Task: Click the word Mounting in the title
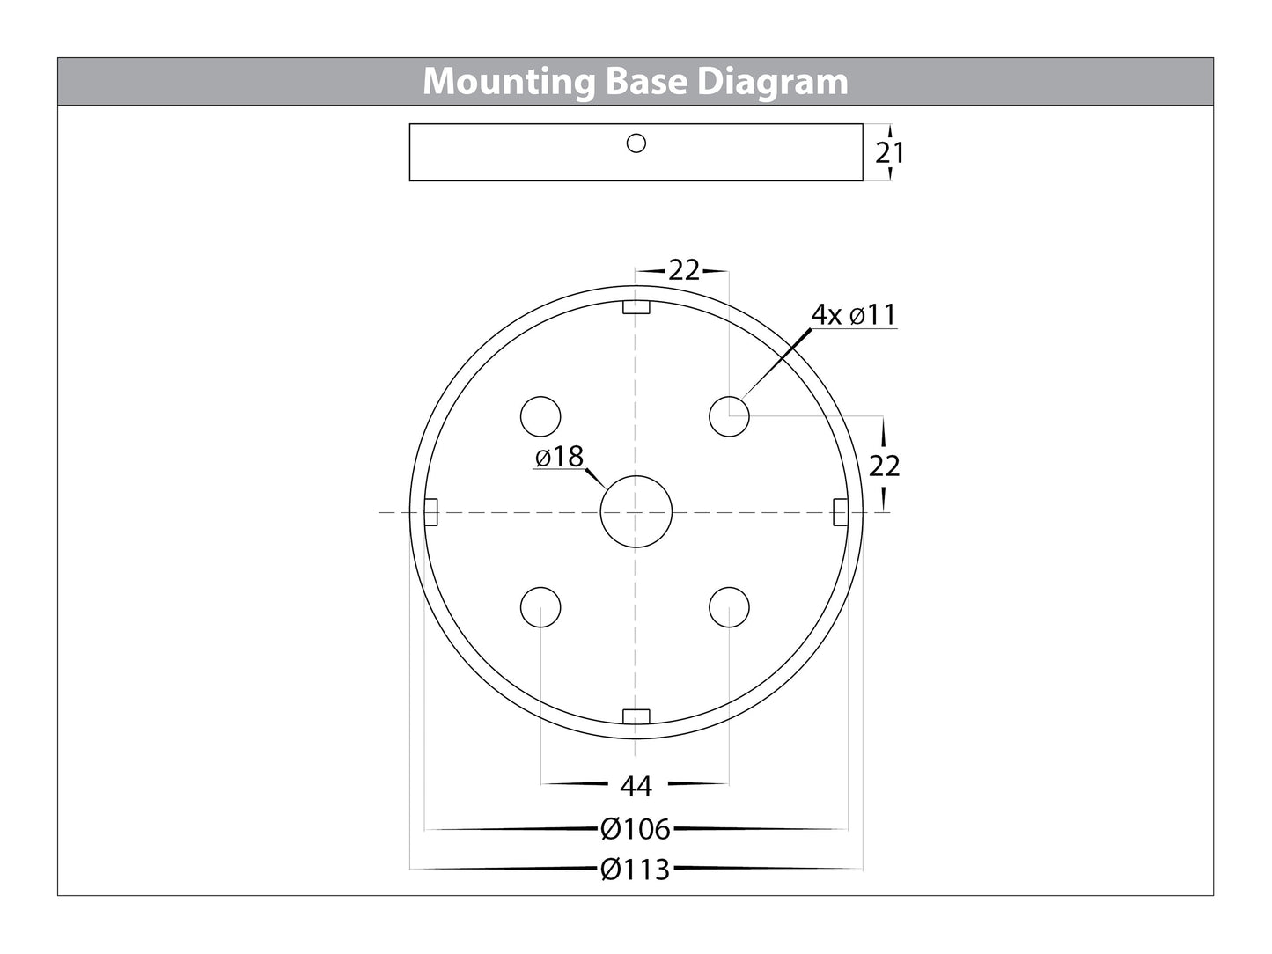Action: coord(509,82)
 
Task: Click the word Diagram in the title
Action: coord(773,82)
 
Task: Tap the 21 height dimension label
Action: coord(890,153)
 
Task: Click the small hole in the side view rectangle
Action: coord(636,143)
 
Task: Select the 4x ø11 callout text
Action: coord(854,314)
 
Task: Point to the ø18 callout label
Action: coord(559,457)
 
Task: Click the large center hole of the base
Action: coord(636,511)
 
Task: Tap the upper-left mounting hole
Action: coord(540,416)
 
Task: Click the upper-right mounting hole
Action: coord(729,416)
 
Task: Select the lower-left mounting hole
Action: coord(540,607)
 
